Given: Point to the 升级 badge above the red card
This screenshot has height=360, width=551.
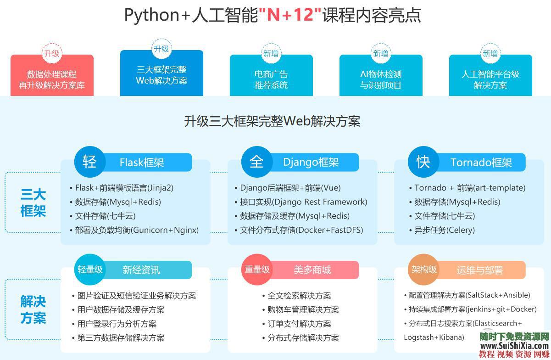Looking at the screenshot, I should click(x=52, y=53).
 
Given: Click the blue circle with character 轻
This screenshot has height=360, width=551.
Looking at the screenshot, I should click(x=90, y=162).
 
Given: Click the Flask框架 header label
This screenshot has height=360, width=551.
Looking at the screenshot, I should click(x=142, y=163).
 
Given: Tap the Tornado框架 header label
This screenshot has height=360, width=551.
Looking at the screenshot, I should click(x=481, y=163).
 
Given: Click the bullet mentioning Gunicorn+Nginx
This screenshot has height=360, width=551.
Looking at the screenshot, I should click(x=137, y=230).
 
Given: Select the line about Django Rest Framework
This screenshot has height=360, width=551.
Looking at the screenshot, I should click(x=303, y=202).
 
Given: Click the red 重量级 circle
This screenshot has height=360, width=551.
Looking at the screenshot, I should click(x=257, y=270).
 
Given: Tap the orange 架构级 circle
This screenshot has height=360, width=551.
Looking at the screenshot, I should click(x=423, y=270).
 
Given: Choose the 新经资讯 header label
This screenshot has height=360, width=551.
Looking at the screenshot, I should click(x=141, y=270).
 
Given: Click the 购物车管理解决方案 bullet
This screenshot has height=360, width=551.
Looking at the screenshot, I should click(x=303, y=310).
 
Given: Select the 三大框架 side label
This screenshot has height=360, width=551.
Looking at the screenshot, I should click(x=33, y=203).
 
